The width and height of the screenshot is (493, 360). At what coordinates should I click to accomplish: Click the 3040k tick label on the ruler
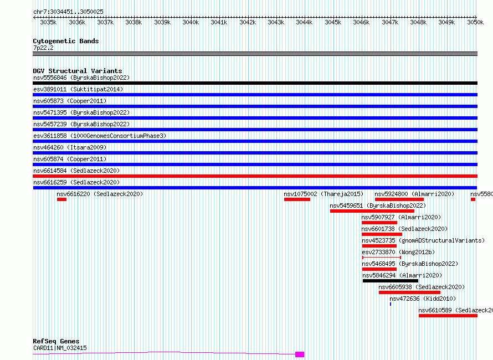coord(191,22)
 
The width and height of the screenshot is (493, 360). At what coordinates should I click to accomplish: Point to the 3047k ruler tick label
coord(390,22)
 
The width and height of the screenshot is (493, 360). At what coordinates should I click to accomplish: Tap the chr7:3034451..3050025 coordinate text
coord(68,12)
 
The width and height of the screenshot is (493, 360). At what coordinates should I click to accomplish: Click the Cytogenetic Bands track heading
coord(66,41)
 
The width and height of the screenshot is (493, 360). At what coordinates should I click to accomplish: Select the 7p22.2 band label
coord(43,48)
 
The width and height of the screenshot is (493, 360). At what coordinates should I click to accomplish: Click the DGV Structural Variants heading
coord(78,71)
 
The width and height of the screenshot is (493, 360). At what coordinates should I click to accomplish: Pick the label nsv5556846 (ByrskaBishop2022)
coord(81,78)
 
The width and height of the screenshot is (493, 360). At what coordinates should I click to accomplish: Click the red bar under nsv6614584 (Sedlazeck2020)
coord(255,176)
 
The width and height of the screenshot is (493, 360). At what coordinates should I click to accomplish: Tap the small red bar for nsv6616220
coord(61,199)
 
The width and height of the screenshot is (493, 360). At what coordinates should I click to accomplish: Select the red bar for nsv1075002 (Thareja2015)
coord(297,199)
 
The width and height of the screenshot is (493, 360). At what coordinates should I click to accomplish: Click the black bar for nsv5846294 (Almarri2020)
coord(391,281)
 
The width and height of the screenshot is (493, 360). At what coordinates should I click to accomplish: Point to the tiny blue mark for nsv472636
coord(391,304)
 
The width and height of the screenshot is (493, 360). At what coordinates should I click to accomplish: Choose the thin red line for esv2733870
coord(382,258)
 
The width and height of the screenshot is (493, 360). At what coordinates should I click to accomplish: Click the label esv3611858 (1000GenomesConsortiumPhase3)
coord(100,136)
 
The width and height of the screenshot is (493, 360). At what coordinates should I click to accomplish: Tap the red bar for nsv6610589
coord(448,316)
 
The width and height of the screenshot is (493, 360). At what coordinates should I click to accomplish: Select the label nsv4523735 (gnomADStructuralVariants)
coord(423,240)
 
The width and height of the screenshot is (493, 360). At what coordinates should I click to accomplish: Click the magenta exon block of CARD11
coord(300,354)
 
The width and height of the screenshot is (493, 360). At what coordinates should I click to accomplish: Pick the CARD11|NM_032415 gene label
coord(60,348)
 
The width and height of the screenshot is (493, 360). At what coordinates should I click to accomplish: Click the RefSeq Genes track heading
coord(56,341)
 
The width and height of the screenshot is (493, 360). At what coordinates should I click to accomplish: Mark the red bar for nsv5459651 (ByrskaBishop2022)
coord(372,211)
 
